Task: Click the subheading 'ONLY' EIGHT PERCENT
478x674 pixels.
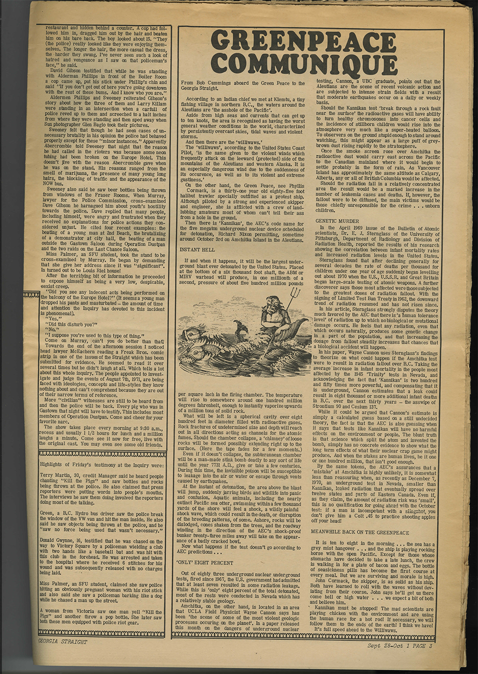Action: [204, 563]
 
